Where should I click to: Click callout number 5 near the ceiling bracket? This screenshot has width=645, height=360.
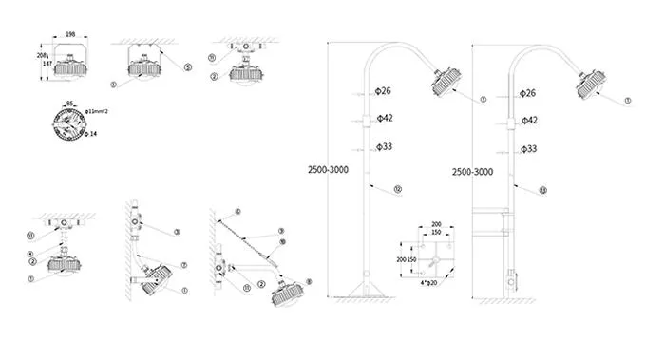tap(187, 67)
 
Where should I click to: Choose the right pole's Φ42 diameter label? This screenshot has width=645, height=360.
tap(530, 121)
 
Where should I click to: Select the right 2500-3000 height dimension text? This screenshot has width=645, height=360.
tap(472, 172)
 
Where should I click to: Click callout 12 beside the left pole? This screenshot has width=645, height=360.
tap(397, 190)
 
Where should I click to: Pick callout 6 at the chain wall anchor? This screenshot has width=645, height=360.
tap(237, 210)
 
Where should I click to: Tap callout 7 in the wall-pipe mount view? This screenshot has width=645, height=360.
tap(181, 265)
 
